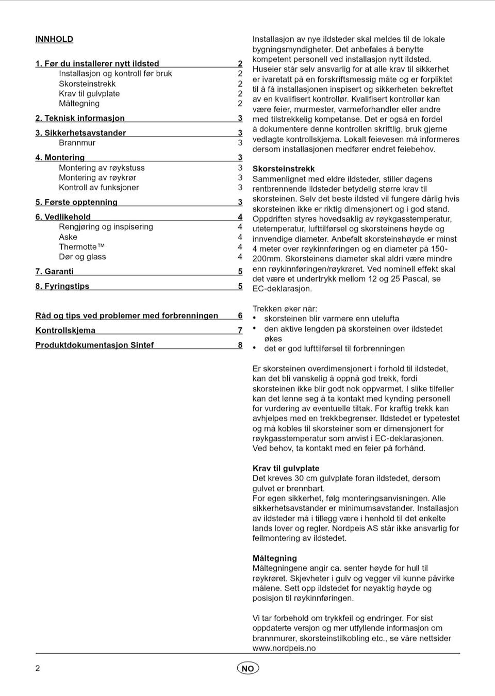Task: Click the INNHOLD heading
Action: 54,39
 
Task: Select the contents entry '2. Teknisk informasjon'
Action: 80,118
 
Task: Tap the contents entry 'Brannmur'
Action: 77,143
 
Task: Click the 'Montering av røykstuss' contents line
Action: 102,168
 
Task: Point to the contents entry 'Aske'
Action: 68,237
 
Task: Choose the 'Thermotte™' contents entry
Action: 81,246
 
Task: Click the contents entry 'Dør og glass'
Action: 82,257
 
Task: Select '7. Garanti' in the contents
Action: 55,271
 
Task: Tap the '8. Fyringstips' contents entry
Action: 62,286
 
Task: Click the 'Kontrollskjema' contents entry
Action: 65,330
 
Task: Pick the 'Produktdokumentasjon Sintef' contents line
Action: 94,345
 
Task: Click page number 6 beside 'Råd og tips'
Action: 240,316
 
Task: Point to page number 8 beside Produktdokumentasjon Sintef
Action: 240,345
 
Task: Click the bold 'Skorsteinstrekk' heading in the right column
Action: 283,169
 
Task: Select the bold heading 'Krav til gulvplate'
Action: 286,468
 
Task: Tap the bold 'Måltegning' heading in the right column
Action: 274,558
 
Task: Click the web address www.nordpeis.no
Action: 284,648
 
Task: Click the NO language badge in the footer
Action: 248,668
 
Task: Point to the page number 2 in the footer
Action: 38,668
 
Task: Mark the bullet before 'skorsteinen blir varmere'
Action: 255,319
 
